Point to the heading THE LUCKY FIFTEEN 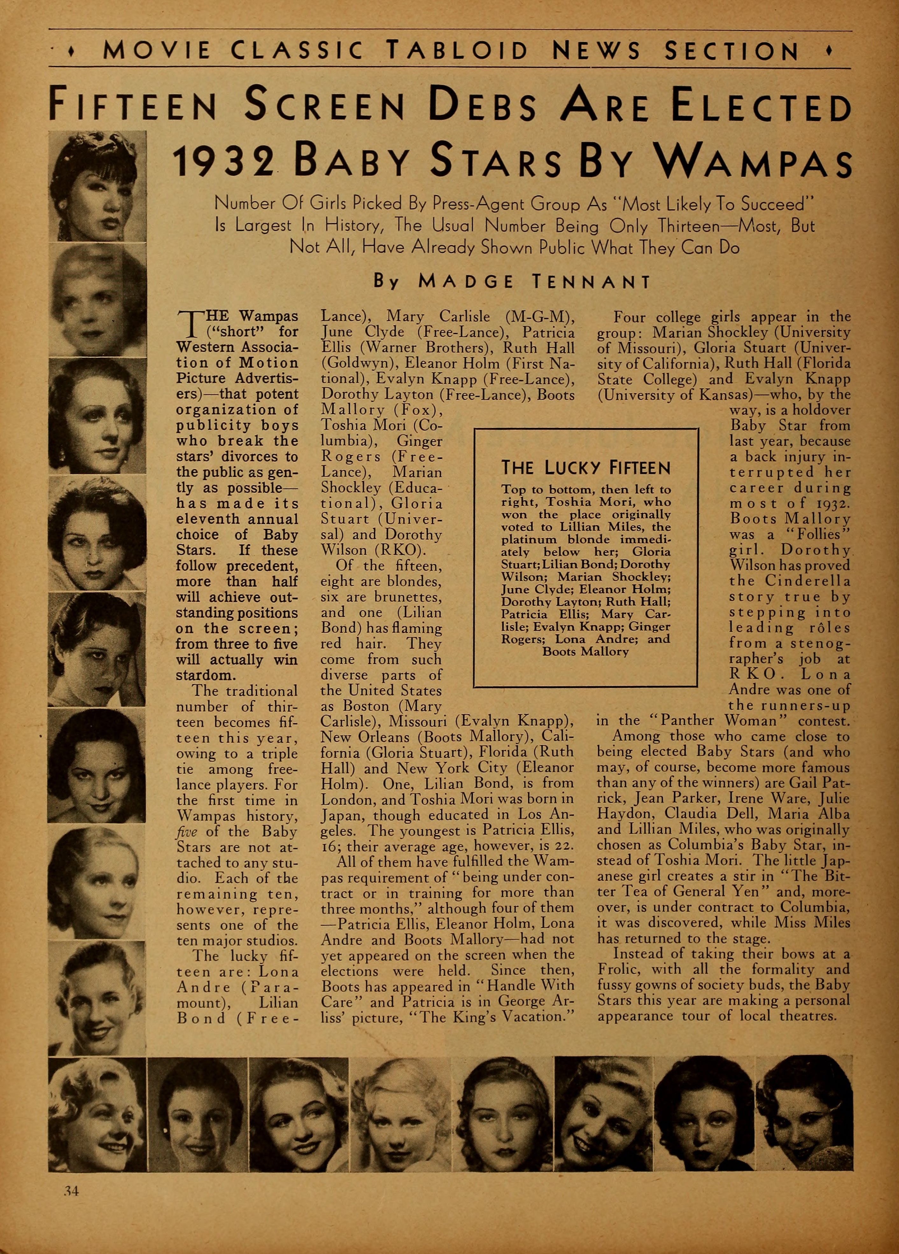[585, 469]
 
